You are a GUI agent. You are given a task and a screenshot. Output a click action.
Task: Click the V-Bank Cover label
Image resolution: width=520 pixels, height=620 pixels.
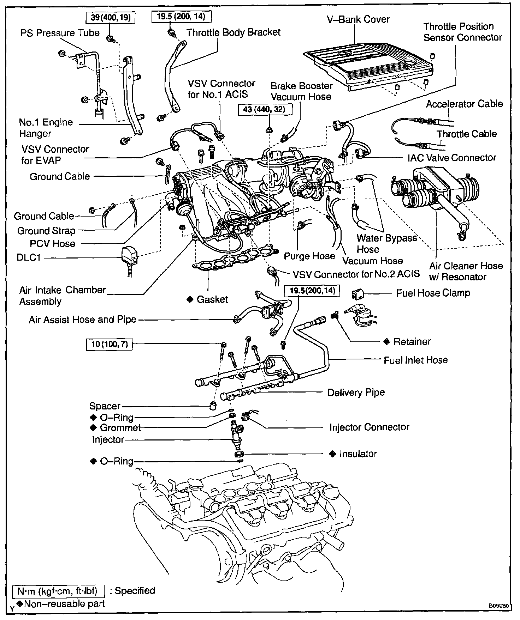[x=358, y=19]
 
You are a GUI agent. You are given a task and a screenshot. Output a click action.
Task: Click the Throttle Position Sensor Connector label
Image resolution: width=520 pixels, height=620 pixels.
[x=462, y=32]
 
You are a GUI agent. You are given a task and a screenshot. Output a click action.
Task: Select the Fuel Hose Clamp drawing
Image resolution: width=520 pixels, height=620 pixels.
[x=359, y=294]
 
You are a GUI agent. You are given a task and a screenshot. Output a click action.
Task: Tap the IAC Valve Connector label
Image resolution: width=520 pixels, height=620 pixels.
[x=452, y=158]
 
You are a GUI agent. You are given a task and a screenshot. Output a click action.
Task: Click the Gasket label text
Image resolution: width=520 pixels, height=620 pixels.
[x=212, y=299]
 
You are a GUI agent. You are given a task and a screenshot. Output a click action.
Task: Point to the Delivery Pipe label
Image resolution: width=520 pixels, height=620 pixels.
[x=356, y=393]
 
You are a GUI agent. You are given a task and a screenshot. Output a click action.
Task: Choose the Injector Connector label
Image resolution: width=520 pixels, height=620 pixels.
[x=369, y=427]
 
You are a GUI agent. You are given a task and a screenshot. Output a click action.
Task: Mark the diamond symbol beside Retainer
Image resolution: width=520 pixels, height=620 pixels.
[x=387, y=341]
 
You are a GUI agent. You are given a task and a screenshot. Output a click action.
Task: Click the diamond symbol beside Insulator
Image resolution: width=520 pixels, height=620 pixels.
[x=332, y=454]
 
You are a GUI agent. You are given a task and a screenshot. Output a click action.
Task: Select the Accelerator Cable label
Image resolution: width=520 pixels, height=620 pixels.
[x=464, y=104]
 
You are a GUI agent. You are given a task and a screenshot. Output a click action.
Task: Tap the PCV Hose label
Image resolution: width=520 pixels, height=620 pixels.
[x=53, y=244]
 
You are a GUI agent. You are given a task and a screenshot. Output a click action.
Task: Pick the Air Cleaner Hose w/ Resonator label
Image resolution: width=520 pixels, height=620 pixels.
[x=466, y=271]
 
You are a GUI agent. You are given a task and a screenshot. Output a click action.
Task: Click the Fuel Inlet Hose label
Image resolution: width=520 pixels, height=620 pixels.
[x=415, y=360]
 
